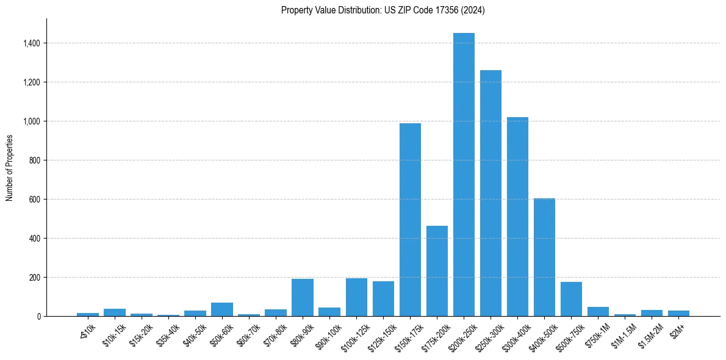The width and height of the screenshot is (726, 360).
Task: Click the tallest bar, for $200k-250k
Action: click(464, 177)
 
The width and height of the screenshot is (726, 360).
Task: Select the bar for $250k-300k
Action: click(491, 195)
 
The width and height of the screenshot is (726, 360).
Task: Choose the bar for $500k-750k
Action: click(571, 300)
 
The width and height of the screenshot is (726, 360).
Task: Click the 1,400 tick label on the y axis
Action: click(31, 43)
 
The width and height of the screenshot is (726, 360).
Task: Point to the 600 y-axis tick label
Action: click(34, 200)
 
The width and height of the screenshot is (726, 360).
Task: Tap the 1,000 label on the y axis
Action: click(31, 121)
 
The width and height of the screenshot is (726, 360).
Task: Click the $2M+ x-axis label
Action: click(677, 329)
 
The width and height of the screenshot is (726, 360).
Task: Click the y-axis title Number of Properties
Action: click(10, 168)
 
